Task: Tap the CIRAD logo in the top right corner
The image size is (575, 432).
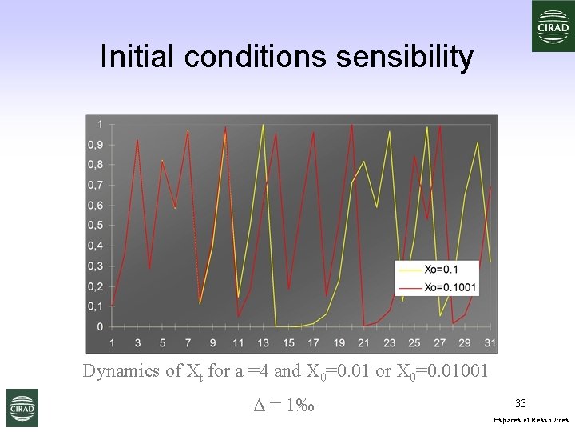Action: click(x=553, y=26)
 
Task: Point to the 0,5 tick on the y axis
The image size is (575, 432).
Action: click(x=95, y=226)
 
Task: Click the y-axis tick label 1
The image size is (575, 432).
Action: click(x=99, y=124)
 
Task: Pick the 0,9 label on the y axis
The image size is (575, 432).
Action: click(x=95, y=145)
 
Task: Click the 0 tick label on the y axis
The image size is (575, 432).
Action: click(x=99, y=327)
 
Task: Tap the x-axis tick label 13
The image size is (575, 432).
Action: click(x=263, y=342)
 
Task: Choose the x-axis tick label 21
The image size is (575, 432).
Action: click(x=364, y=342)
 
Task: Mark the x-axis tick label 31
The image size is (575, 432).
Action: click(x=490, y=342)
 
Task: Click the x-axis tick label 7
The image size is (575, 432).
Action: click(x=188, y=342)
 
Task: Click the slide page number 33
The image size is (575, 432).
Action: click(x=520, y=403)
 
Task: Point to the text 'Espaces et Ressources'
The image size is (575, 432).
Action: click(x=531, y=419)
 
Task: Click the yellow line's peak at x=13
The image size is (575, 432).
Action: click(x=263, y=125)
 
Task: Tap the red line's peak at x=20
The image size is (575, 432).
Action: click(x=351, y=125)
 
